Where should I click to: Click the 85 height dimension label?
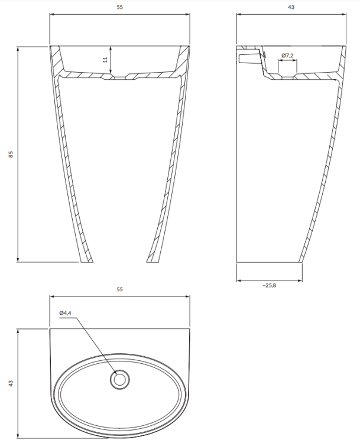(11, 154)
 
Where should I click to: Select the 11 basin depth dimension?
(105, 60)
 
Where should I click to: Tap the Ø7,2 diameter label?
(288, 56)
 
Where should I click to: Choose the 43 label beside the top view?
(11, 383)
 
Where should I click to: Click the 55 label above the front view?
(120, 8)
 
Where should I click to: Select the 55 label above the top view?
(120, 289)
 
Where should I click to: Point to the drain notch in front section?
(120, 77)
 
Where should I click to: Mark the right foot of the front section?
(153, 260)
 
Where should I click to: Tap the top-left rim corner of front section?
(50, 46)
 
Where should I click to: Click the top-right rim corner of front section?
(190, 46)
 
